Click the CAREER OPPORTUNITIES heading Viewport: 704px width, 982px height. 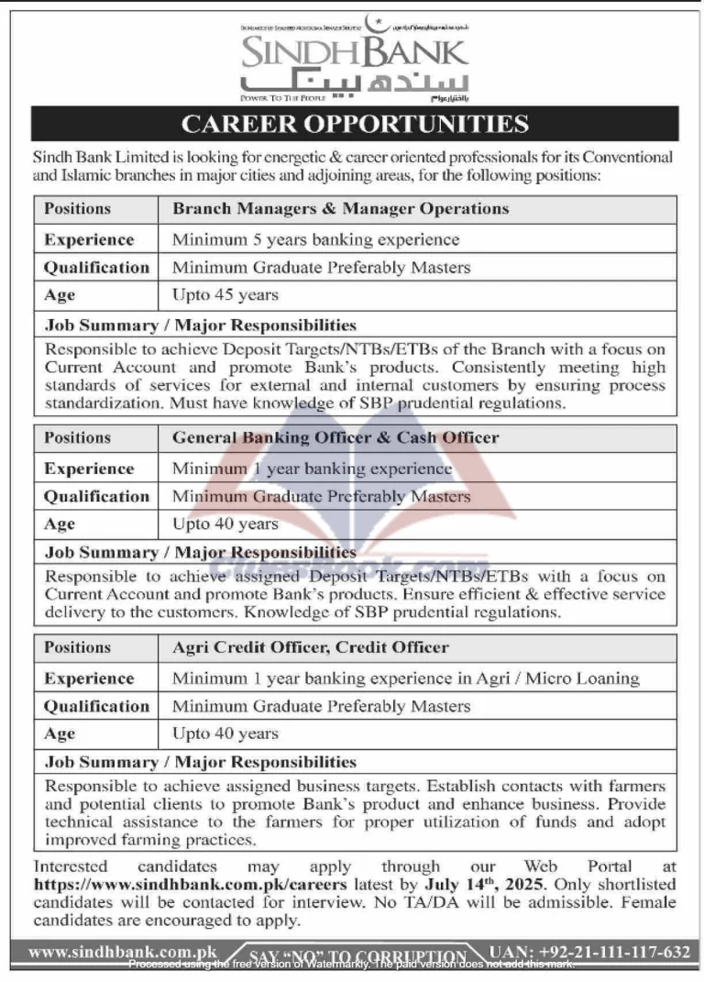355,124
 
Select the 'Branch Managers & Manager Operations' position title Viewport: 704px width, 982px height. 340,209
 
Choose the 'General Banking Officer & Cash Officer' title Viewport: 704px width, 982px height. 335,438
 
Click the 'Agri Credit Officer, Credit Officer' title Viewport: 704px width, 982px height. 311,647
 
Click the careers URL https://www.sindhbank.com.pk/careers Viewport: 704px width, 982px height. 191,886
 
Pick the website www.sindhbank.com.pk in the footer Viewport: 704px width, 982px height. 123,953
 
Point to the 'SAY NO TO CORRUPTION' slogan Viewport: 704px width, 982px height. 357,955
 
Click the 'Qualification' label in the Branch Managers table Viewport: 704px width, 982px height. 96,268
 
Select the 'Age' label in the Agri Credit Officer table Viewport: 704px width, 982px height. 60,734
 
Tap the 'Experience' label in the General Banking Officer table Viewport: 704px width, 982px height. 89,469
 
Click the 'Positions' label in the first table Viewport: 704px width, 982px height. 77,209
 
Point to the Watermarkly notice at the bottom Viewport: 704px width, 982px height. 352,965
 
